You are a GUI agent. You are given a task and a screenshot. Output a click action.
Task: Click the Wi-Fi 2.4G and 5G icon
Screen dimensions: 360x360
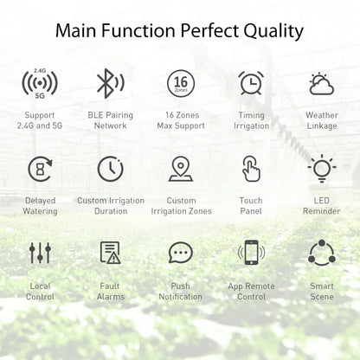click(x=40, y=84)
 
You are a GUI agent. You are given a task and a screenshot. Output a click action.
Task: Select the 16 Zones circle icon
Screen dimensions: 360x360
click(x=180, y=84)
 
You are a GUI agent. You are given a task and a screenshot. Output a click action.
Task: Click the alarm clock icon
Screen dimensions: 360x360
click(x=251, y=84)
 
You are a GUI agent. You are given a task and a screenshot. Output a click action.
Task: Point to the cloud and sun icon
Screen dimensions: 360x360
click(x=321, y=84)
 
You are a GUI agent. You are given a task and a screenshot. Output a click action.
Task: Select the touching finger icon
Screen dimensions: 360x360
click(x=251, y=169)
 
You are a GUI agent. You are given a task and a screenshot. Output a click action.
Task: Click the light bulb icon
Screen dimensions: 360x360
click(x=321, y=168)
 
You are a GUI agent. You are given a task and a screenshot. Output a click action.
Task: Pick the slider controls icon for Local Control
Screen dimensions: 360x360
click(x=40, y=253)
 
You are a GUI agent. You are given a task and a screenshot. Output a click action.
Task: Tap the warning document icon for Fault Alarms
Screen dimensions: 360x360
click(x=111, y=253)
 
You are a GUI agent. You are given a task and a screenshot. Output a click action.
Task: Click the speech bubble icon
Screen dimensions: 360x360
click(x=180, y=253)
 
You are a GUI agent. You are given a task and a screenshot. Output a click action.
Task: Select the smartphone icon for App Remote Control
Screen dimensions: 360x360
click(x=251, y=253)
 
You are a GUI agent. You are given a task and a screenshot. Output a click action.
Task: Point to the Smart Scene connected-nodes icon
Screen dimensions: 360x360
click(x=321, y=253)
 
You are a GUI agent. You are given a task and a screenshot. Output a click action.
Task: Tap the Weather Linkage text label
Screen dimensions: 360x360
click(x=321, y=120)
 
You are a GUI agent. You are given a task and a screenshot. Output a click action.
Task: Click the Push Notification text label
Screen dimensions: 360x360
click(x=180, y=291)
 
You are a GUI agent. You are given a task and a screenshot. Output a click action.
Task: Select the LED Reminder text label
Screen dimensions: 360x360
click(x=321, y=205)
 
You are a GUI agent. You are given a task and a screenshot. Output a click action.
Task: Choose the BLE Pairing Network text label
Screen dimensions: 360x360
click(x=111, y=120)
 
